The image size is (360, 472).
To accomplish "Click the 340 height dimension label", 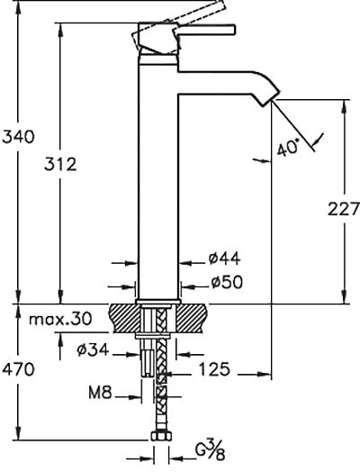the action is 18,137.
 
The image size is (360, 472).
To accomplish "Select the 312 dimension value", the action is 60,164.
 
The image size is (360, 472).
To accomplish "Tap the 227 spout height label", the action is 344,209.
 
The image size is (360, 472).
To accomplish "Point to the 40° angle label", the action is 288,147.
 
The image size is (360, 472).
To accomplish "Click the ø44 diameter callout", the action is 225,259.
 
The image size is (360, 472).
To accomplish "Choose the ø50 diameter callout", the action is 227,282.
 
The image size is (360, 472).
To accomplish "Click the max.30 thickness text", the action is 60,319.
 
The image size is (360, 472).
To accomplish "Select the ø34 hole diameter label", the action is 93,349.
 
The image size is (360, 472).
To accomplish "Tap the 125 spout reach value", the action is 214,369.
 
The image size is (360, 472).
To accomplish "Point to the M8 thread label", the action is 100,393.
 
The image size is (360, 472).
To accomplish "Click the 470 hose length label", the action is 18,369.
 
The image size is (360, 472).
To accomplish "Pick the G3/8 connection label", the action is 211,449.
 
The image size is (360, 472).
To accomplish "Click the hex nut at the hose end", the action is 161,436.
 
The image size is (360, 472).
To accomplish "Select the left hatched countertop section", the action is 124,318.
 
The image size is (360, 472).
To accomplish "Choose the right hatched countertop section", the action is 192,318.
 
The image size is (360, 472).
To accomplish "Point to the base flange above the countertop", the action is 157,302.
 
